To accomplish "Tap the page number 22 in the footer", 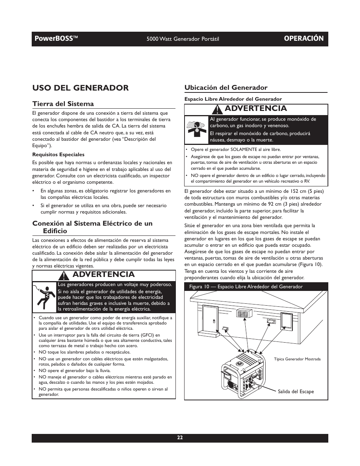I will (180, 438).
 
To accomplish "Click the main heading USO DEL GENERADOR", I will (80, 88).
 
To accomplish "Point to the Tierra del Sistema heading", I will (63, 104).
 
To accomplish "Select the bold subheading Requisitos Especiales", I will (58, 154).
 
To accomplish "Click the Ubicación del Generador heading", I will (226, 88).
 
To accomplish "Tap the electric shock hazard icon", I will (45, 297).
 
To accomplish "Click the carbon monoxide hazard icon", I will (196, 129).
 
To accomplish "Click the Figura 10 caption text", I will (246, 287).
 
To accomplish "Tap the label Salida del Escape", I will (295, 391).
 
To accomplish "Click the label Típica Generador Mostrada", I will (297, 359).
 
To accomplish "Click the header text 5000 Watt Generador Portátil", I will (183, 39).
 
